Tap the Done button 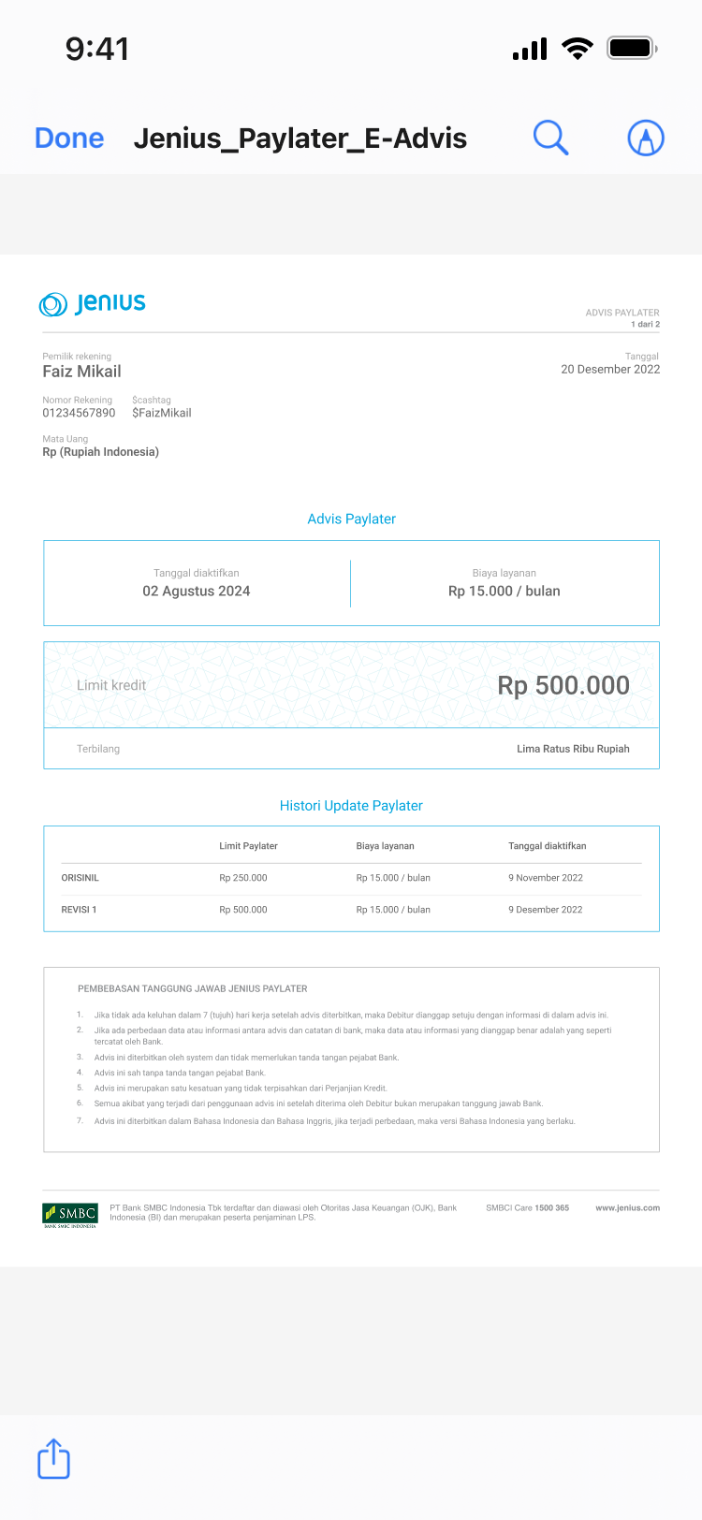pos(69,139)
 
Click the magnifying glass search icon pos(550,138)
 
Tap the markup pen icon pos(645,139)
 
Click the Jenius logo pos(93,303)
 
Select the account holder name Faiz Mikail pos(81,372)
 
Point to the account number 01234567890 pos(79,413)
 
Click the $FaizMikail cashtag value pos(161,413)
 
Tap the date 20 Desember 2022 pos(610,370)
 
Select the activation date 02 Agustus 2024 pos(197,592)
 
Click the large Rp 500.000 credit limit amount pos(563,685)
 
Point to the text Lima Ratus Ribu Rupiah pos(573,749)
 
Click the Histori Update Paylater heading pos(351,806)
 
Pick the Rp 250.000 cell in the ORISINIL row pos(243,878)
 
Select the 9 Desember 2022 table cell pos(546,910)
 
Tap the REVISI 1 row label pos(79,910)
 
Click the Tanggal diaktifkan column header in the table pos(548,846)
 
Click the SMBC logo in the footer pos(70,1214)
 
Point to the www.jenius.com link pos(627,1208)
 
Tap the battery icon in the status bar pos(632,48)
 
